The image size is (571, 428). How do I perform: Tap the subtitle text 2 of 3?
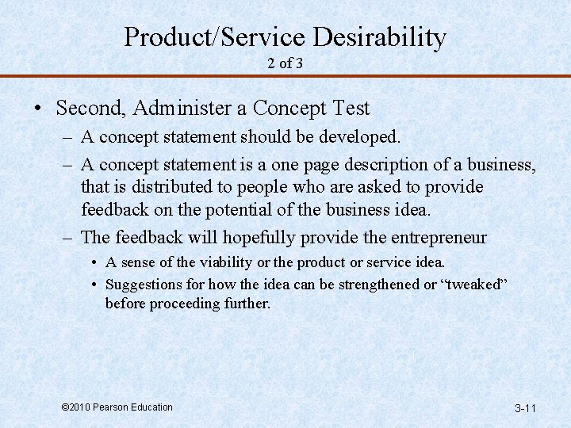click(285, 63)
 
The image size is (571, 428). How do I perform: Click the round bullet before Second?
click(38, 109)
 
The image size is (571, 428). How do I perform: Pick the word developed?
click(361, 136)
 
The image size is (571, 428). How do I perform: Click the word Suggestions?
click(144, 284)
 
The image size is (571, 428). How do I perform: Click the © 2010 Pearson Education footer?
click(117, 407)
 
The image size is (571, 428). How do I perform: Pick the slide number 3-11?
click(526, 408)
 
